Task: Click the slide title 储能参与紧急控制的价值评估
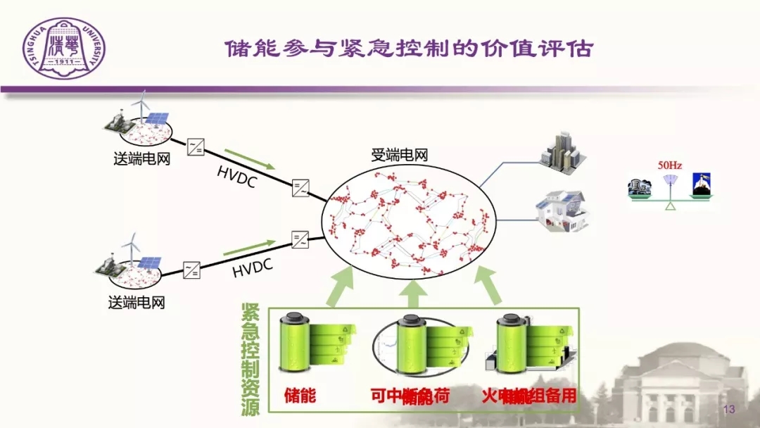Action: (x=409, y=49)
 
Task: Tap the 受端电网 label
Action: (x=399, y=156)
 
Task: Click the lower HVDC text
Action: (x=252, y=269)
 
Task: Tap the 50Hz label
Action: (x=669, y=165)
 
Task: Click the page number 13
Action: (x=728, y=410)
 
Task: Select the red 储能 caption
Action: (x=300, y=396)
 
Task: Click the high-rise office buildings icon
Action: (x=562, y=149)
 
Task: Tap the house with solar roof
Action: (x=562, y=209)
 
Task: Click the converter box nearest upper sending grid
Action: (x=196, y=147)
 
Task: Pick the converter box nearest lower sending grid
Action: (x=191, y=270)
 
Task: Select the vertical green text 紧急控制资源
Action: (x=251, y=359)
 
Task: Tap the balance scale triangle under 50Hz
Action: (x=671, y=206)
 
